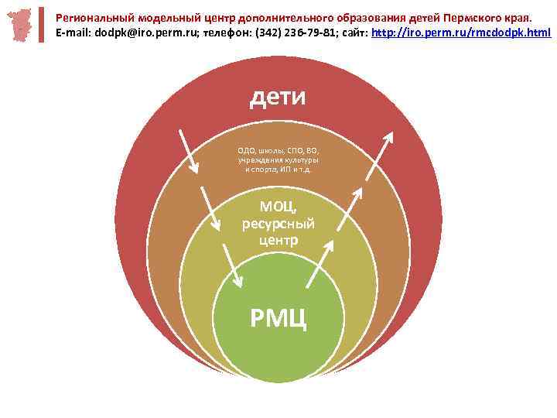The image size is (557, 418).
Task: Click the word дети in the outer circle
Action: click(x=278, y=98)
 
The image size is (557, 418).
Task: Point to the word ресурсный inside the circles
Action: click(x=278, y=224)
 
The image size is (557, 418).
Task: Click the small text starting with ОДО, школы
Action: click(x=278, y=159)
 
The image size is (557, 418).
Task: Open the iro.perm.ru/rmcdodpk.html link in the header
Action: click(x=462, y=33)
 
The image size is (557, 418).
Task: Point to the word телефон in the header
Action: click(x=224, y=33)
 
